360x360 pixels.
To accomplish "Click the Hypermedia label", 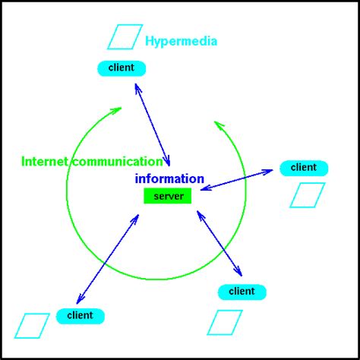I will (x=181, y=41).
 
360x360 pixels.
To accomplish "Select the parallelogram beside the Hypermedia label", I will (x=125, y=36).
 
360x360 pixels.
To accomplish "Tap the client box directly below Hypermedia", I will (x=122, y=68).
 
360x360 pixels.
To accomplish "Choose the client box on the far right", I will (x=304, y=168).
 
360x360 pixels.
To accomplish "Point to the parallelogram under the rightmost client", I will (x=307, y=194).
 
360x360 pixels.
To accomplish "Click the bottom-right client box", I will (x=242, y=292).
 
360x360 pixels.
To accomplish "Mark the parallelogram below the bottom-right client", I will (x=225, y=322).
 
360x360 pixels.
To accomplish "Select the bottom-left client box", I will (x=79, y=315).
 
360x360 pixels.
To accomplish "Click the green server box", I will (x=168, y=196).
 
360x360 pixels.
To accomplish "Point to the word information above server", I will (x=169, y=179).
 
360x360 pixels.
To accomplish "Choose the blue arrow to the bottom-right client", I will (x=219, y=242).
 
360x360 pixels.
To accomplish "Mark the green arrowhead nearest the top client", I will (x=115, y=111).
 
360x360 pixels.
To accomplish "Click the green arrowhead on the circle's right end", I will (x=218, y=124).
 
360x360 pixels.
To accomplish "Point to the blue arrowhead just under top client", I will (x=137, y=87).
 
